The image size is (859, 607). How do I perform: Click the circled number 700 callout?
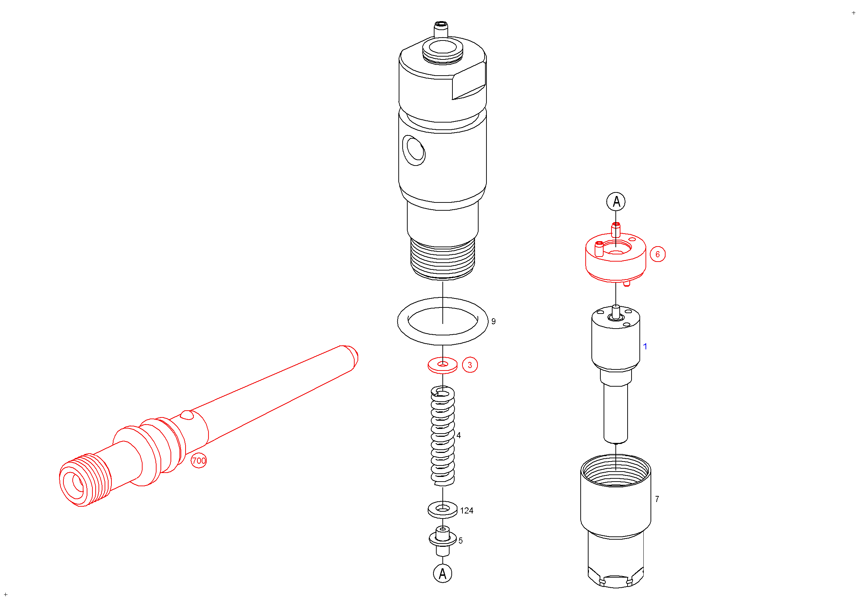click(199, 460)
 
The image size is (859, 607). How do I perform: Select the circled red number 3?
click(470, 365)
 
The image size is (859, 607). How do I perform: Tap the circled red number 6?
click(658, 254)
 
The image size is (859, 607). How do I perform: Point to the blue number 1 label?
click(645, 346)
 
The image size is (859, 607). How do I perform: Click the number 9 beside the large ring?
click(494, 321)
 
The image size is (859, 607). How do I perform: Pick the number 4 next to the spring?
click(459, 435)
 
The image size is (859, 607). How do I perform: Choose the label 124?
click(466, 511)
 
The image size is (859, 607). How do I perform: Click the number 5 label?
click(461, 541)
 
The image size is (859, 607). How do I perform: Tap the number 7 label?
click(657, 499)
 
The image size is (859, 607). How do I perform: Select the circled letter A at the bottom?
click(443, 573)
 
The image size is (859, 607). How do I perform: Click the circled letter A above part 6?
click(616, 202)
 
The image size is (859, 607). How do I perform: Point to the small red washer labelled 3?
click(443, 365)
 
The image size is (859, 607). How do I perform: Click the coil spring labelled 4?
click(443, 436)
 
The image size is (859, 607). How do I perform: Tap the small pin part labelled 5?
click(443, 541)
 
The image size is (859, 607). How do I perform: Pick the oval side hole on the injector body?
click(414, 150)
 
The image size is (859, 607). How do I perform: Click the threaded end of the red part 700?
click(85, 480)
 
